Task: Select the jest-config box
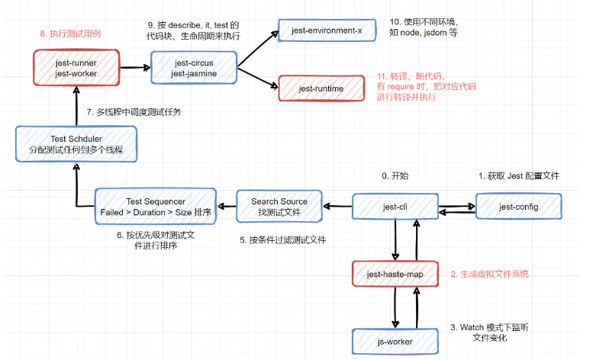point(518,206)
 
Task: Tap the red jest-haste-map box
point(395,274)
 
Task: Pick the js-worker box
point(395,341)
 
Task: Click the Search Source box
point(280,207)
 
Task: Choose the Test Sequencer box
point(156,206)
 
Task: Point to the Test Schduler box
point(76,144)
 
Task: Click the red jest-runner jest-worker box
point(76,67)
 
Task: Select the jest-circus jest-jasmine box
point(195,67)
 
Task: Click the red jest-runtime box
point(321,89)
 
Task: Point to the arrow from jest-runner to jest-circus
point(135,67)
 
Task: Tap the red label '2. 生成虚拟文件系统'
point(489,274)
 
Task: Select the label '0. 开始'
point(395,175)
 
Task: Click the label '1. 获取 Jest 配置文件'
point(518,175)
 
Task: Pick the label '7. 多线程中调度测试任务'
point(134,111)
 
